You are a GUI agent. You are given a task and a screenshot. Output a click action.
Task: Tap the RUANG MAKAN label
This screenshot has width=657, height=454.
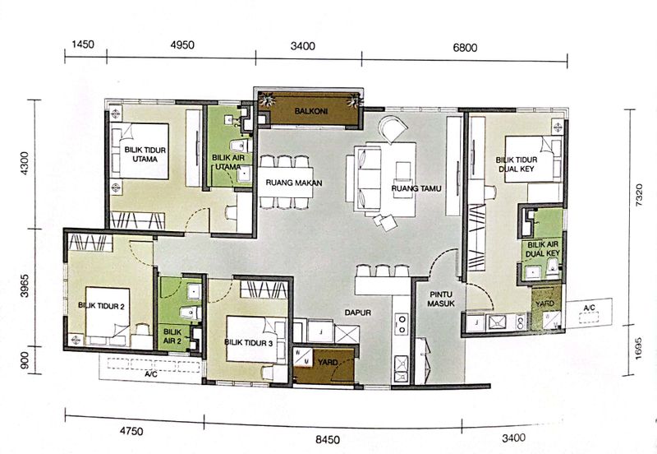click(292, 183)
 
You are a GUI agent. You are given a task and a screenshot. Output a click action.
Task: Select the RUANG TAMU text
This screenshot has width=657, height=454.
click(417, 188)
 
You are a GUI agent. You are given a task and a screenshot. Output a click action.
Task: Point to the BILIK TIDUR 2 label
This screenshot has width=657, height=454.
click(101, 305)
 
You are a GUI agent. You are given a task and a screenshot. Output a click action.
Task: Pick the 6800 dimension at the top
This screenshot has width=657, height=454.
click(465, 47)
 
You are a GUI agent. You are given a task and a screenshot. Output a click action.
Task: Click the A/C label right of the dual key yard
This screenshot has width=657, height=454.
click(588, 308)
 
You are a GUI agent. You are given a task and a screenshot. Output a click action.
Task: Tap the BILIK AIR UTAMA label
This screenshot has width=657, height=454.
click(227, 161)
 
